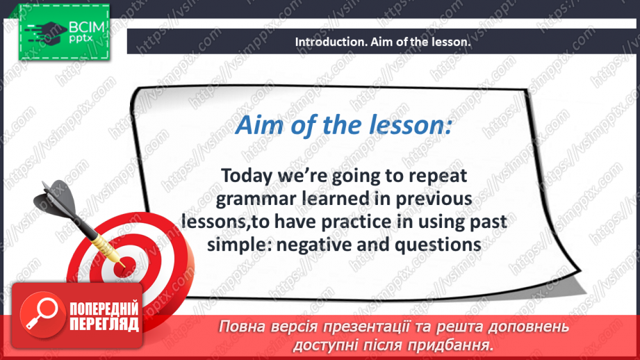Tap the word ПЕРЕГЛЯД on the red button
coord(104,325)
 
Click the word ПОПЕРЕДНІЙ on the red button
coord(104,309)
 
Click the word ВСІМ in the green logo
coord(87,27)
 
